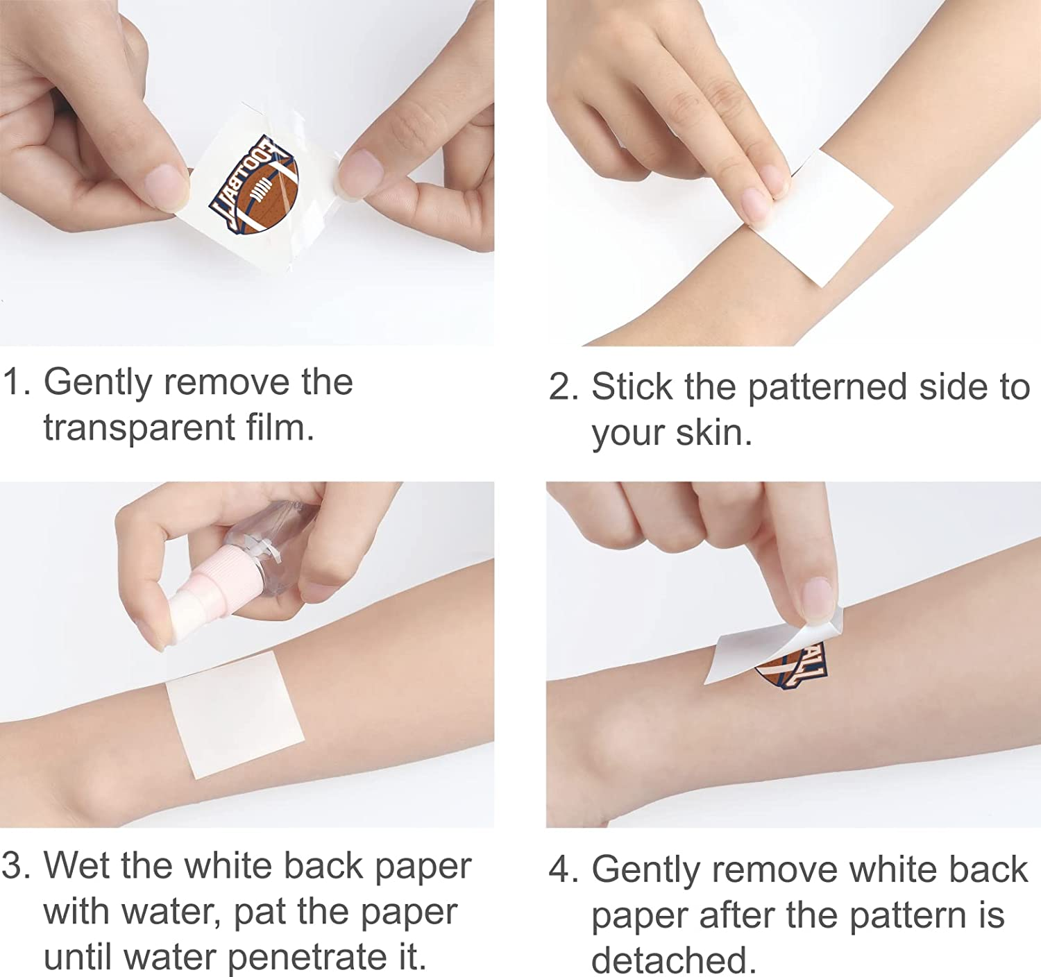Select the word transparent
pyautogui.click(x=139, y=428)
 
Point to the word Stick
pyautogui.click(x=632, y=386)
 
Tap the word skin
pyautogui.click(x=713, y=432)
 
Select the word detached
pyautogui.click(x=674, y=960)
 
